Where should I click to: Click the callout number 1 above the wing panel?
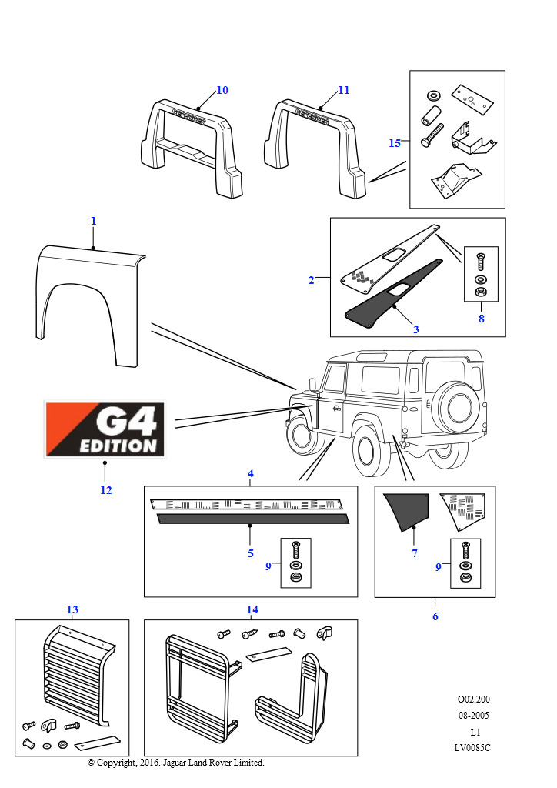[x=93, y=221]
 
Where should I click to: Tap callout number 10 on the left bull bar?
[x=222, y=90]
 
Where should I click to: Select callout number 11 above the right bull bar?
[x=344, y=90]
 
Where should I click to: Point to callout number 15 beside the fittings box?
[x=395, y=143]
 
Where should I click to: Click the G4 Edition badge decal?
[x=104, y=429]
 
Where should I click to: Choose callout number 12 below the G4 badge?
[x=105, y=490]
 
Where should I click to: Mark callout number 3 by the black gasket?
[x=415, y=329]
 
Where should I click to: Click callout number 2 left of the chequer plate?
[x=312, y=280]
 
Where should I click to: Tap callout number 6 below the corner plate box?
[x=435, y=616]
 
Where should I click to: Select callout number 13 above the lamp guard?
[x=72, y=609]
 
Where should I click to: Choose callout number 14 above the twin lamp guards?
[x=252, y=609]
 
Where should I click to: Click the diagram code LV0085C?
[x=473, y=748]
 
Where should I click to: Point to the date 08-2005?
[x=473, y=715]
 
